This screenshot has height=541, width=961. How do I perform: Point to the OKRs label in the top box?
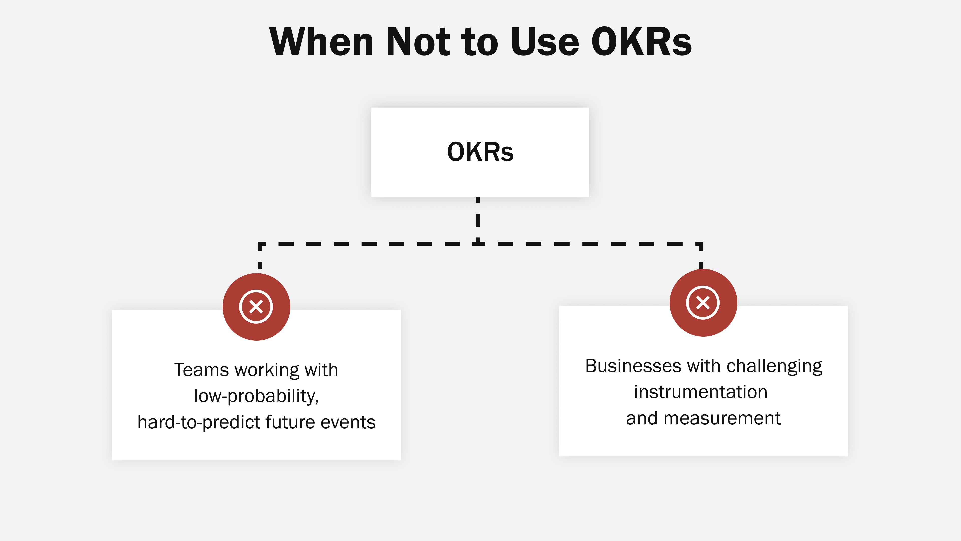click(480, 152)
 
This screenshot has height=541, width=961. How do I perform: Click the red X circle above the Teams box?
click(256, 307)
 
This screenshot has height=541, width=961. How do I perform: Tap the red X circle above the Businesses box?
click(703, 302)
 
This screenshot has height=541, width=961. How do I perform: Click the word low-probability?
click(256, 396)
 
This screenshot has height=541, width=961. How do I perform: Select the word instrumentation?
click(701, 392)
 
